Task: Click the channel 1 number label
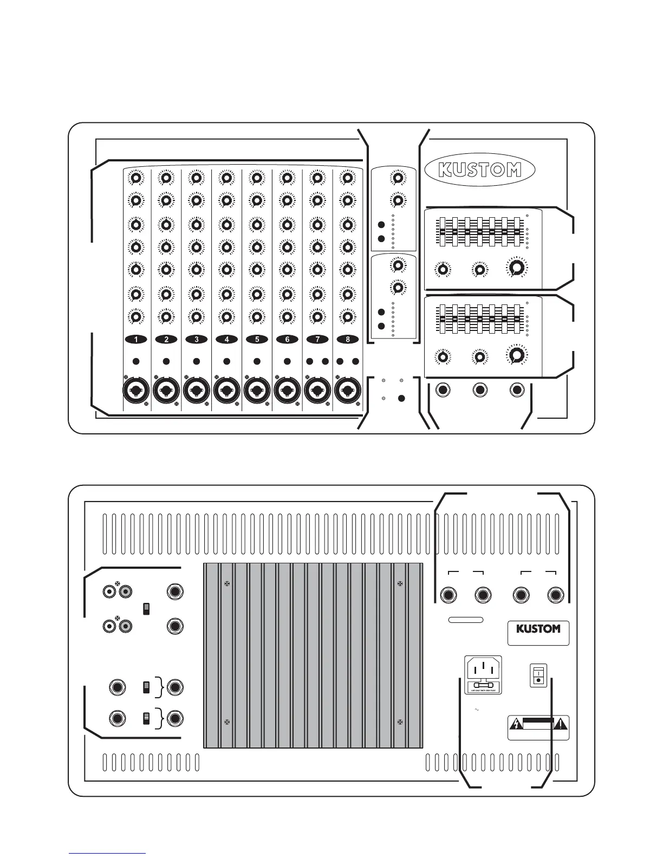coord(136,340)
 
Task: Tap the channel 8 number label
coord(347,340)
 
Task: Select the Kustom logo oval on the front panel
coord(480,170)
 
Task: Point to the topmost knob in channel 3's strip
coord(197,178)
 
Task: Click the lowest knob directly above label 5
coord(257,317)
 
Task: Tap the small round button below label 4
coord(227,361)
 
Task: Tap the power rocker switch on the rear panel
coord(539,675)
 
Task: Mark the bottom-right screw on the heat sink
coord(400,721)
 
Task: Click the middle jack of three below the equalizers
coord(480,390)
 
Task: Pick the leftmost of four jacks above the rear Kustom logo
coord(449,595)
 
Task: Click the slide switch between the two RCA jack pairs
coord(145,609)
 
